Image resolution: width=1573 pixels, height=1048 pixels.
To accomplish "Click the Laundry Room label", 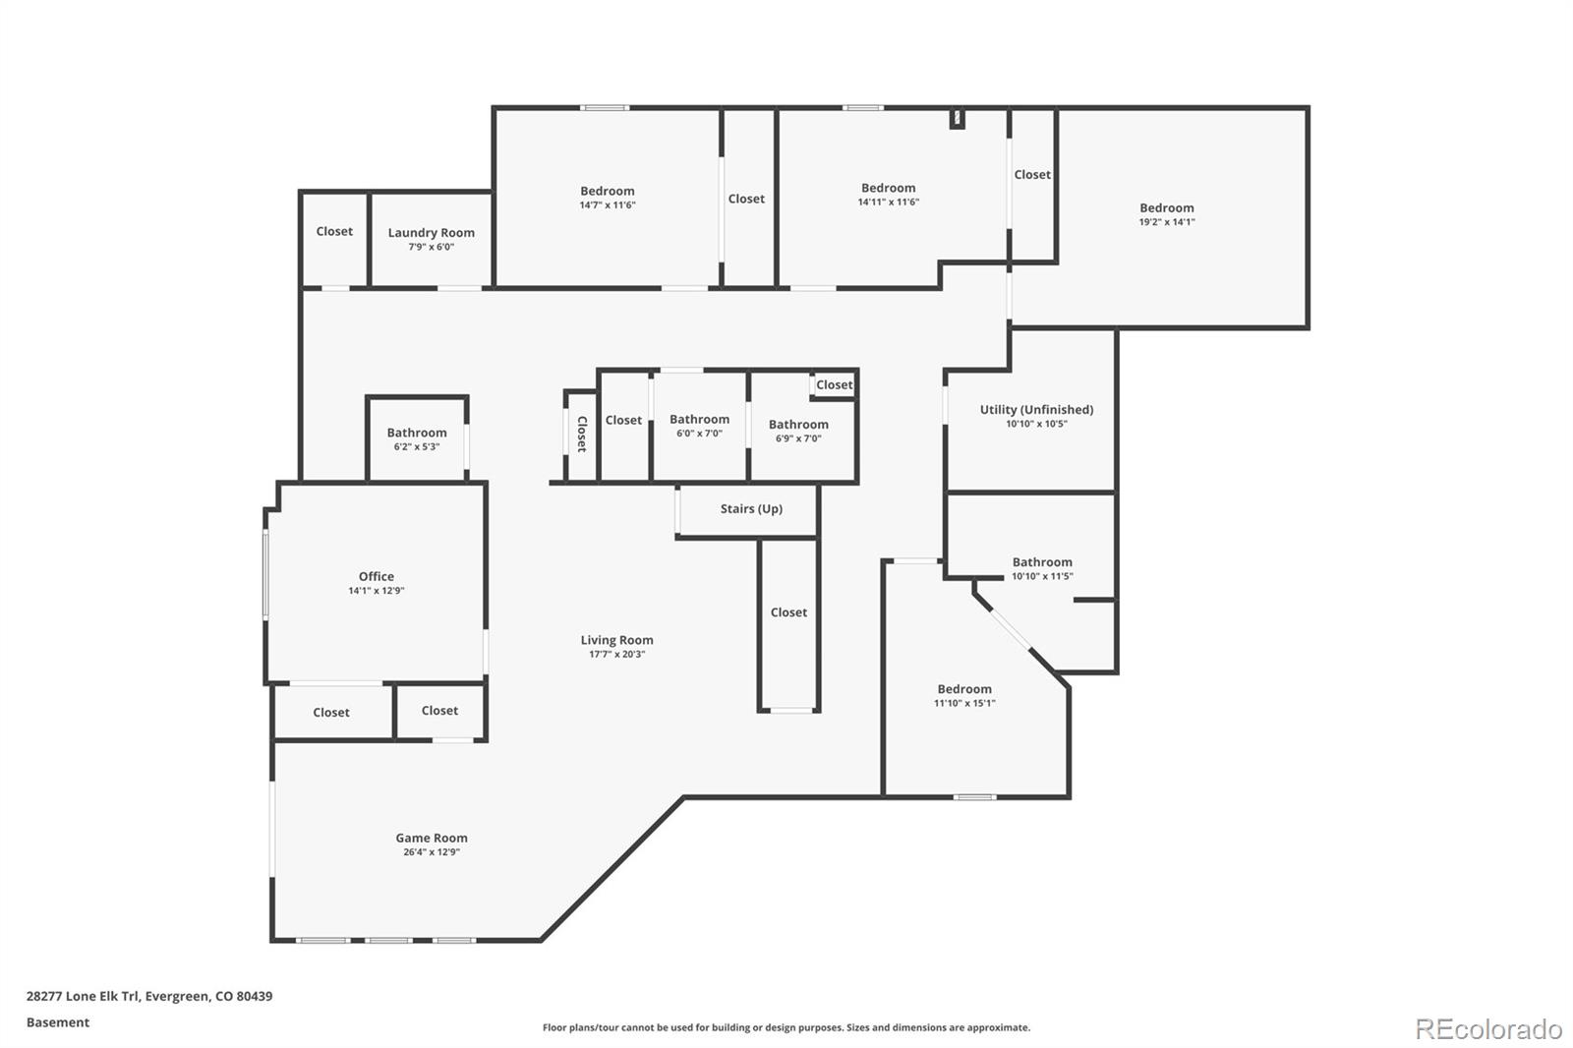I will [x=431, y=233].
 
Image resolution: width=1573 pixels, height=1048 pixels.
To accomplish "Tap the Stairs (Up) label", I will [x=751, y=509].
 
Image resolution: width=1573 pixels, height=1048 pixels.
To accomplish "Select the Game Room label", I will [x=432, y=839].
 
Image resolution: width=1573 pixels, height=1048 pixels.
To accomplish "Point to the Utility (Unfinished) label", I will [x=1036, y=410].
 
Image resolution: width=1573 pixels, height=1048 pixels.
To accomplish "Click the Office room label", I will [x=376, y=577].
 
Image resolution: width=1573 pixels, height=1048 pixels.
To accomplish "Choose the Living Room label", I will [x=616, y=640].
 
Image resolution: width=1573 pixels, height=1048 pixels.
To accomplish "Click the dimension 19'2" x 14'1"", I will [x=1167, y=222].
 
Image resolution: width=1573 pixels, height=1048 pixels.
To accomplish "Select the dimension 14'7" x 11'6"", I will [x=608, y=205].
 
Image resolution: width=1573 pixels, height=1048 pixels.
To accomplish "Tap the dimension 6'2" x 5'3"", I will [x=417, y=446].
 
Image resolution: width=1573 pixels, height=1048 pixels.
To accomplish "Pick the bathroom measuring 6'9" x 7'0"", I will [x=798, y=425].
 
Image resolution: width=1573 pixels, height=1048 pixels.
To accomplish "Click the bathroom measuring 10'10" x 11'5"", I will [x=1042, y=562].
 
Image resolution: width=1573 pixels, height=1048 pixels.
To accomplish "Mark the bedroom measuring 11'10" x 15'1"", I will [x=964, y=689].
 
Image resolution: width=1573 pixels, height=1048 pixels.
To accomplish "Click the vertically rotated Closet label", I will [x=581, y=434].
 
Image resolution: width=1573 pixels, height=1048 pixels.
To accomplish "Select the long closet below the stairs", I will [x=788, y=612].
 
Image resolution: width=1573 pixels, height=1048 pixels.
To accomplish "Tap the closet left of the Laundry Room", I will [x=334, y=232].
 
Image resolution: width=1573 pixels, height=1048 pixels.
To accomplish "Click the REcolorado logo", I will [x=1487, y=1029].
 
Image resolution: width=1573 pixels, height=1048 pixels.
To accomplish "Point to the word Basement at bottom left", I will [x=58, y=1022].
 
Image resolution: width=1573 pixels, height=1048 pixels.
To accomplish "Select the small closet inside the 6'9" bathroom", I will [x=834, y=385].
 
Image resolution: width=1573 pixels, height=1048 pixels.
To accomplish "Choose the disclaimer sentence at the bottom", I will [x=786, y=1027].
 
